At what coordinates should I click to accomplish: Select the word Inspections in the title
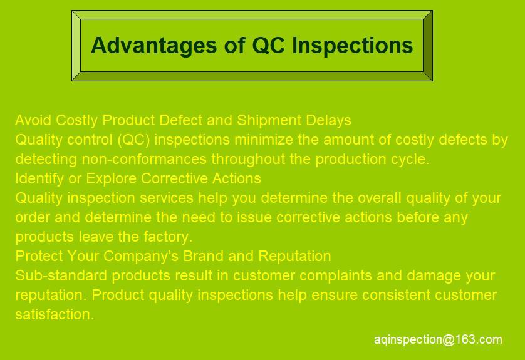(352, 46)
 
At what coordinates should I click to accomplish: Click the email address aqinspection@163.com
(438, 339)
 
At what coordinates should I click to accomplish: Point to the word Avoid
(33, 120)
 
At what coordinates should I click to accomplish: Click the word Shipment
(269, 120)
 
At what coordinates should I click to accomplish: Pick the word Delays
(328, 120)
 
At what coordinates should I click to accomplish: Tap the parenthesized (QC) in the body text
(133, 140)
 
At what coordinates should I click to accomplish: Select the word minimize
(264, 140)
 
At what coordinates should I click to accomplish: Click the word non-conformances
(144, 159)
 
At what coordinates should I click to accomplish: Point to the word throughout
(247, 159)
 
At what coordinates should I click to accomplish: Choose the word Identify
(39, 178)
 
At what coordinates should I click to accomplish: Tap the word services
(167, 198)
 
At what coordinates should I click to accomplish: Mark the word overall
(380, 198)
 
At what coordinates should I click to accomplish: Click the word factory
(168, 237)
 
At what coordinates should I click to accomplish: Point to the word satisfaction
(55, 314)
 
